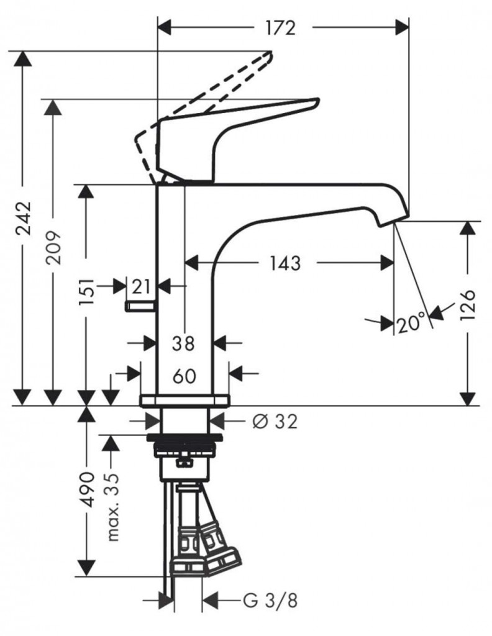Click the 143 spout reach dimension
285,263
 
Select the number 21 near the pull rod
142,286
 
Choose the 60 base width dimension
184,375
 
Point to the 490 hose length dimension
86,491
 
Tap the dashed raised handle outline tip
268,58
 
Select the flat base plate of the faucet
184,400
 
